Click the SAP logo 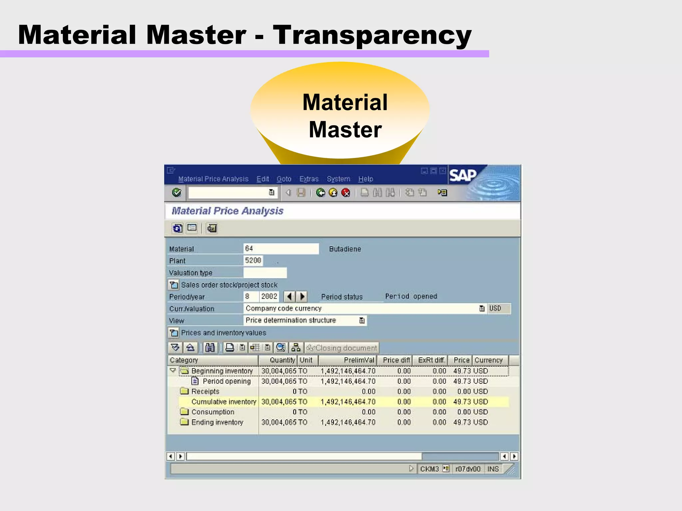[463, 175]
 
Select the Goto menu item [284, 179]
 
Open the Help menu [365, 179]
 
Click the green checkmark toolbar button [176, 193]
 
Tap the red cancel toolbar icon [346, 193]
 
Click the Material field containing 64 [281, 249]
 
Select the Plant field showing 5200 [253, 260]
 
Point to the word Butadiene [345, 249]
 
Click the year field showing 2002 [269, 296]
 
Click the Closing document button [342, 348]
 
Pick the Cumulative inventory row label [223, 402]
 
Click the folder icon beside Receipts [184, 391]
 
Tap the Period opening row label [226, 381]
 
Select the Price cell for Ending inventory [461, 422]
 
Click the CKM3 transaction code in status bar [429, 469]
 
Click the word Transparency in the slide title [372, 35]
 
